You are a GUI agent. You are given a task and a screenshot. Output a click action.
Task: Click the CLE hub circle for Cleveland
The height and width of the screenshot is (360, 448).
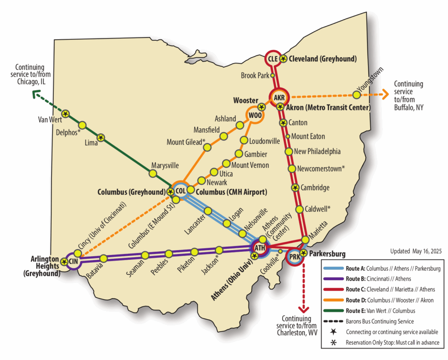tap(273, 58)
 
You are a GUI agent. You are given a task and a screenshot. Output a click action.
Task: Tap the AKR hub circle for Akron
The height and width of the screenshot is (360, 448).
tap(279, 97)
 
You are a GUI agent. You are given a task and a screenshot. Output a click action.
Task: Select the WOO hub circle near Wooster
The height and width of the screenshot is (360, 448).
tap(254, 115)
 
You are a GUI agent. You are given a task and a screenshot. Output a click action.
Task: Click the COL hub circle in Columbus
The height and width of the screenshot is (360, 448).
tap(180, 191)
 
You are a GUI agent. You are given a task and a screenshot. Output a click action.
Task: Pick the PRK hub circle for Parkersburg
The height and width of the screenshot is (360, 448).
tap(294, 257)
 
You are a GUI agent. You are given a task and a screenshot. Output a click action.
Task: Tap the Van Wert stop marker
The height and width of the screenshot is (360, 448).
tap(65, 114)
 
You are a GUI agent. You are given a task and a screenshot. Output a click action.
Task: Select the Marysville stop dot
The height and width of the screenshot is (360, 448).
tap(153, 173)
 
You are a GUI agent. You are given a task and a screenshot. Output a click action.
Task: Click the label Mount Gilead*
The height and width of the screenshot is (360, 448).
tap(186, 142)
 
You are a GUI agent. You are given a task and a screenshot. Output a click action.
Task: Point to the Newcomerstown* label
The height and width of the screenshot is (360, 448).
tap(321, 168)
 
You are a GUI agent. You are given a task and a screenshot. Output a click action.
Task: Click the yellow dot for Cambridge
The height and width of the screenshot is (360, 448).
tap(295, 187)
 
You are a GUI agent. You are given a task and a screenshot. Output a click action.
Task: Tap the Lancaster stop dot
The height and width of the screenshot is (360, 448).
tap(208, 210)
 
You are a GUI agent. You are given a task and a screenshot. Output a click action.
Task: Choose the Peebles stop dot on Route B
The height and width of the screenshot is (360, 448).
tap(169, 254)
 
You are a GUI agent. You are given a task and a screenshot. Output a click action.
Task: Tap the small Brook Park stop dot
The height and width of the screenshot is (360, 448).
tap(273, 75)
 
